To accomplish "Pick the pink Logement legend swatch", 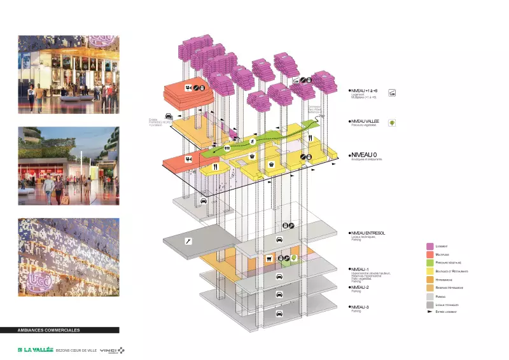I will (x=429, y=246).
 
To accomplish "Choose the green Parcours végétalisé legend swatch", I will (x=429, y=262).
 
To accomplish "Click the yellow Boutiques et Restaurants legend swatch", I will (x=429, y=271).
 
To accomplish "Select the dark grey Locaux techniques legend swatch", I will (x=429, y=305).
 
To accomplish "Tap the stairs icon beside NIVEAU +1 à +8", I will (x=392, y=93).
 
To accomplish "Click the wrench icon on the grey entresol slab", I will (x=187, y=241).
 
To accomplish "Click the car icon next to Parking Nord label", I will (x=204, y=200).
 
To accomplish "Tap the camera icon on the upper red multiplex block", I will (x=188, y=88).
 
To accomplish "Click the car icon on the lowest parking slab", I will (x=279, y=296).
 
